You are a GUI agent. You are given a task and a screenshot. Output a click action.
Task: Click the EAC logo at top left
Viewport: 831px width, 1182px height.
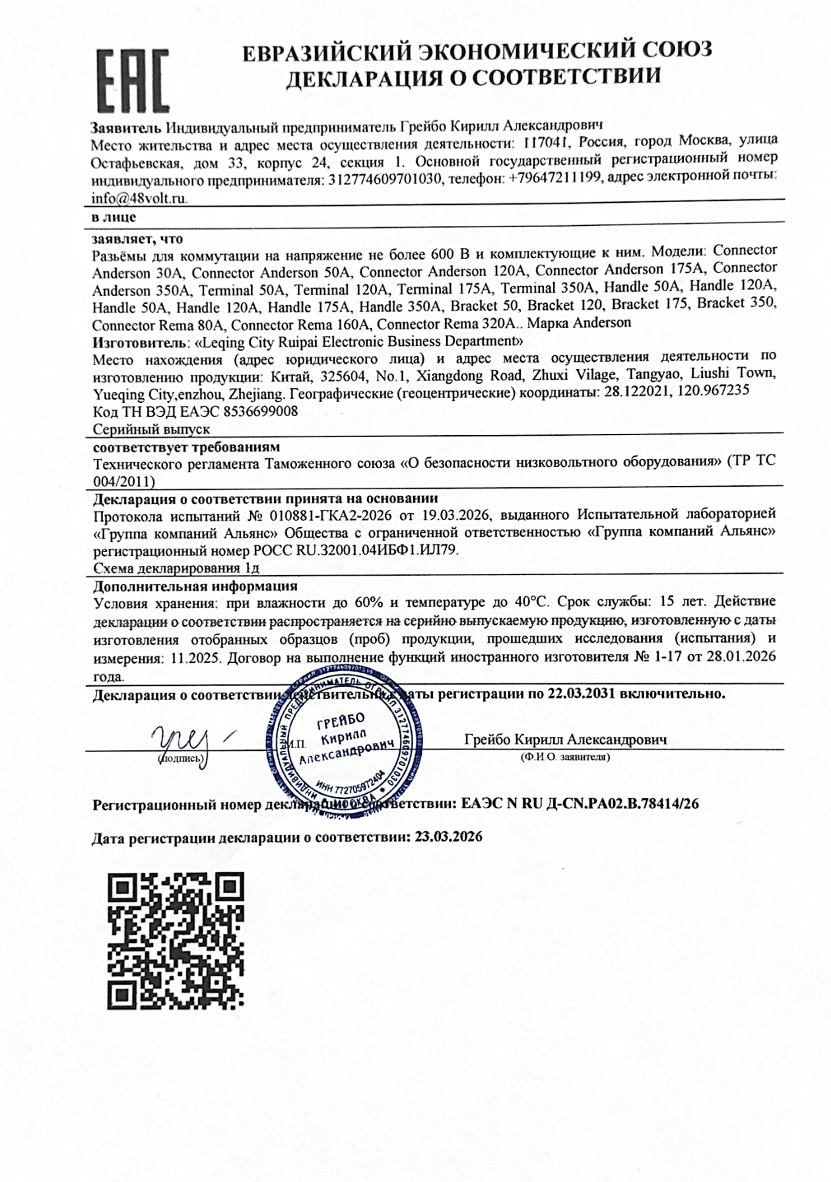133,79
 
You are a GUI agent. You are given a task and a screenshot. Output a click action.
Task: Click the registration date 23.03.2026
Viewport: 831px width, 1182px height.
449,837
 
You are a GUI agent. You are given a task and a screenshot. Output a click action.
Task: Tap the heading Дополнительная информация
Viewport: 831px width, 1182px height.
195,586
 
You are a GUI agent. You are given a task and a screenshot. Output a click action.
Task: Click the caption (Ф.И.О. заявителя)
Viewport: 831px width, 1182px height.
565,757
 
